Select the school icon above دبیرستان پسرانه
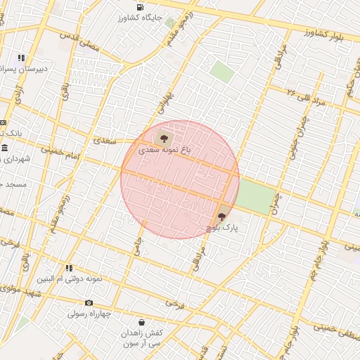pos(22,58)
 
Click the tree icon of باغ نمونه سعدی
pos(164,138)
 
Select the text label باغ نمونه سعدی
pos(165,150)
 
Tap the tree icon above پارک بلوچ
pos(222,217)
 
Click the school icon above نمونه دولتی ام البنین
pos(69,268)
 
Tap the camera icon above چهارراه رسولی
pos(89,302)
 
